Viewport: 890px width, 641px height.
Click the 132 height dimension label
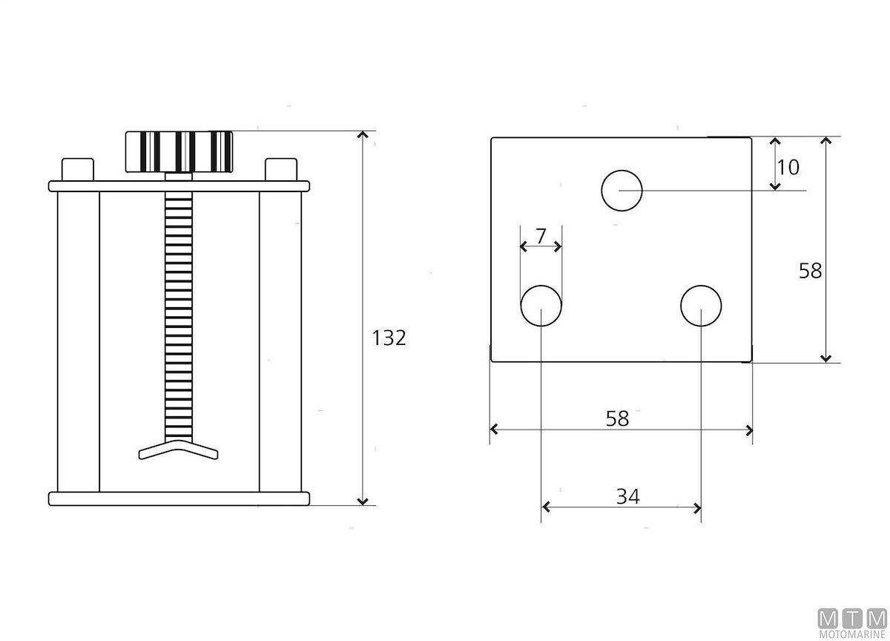point(389,338)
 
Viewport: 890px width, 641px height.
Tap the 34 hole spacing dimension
point(627,496)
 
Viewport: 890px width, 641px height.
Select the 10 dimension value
point(788,168)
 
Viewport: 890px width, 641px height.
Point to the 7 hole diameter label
point(541,237)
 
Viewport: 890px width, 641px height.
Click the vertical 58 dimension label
point(810,271)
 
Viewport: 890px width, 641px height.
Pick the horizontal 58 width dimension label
point(617,418)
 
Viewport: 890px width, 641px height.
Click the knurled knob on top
point(179,152)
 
